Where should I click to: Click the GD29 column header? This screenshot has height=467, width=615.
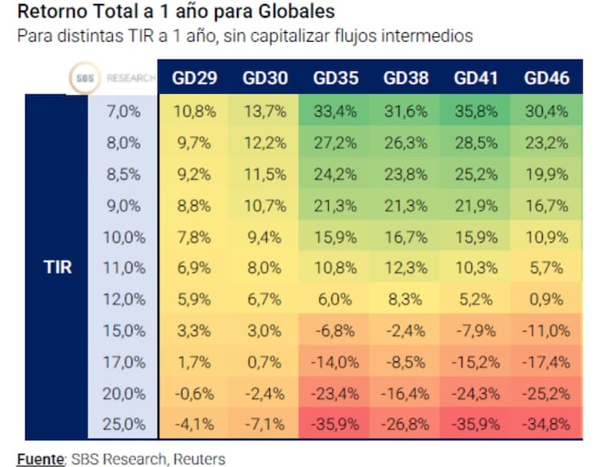pyautogui.click(x=195, y=78)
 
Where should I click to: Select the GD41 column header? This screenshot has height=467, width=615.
pyautogui.click(x=476, y=78)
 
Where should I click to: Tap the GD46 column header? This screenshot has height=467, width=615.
pyautogui.click(x=547, y=78)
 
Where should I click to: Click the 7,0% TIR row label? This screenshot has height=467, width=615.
pyautogui.click(x=124, y=111)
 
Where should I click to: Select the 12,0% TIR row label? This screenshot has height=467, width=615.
pyautogui.click(x=124, y=300)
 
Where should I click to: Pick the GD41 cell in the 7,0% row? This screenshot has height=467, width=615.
pyautogui.click(x=476, y=111)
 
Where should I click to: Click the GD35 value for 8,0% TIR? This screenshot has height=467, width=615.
pyautogui.click(x=336, y=142)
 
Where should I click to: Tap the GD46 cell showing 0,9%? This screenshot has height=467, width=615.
pyautogui.click(x=547, y=300)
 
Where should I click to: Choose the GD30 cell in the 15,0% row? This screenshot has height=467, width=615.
pyautogui.click(x=265, y=332)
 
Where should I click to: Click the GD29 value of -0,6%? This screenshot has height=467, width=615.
pyautogui.click(x=195, y=394)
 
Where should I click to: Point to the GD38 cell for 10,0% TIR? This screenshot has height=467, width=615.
pyautogui.click(x=406, y=237)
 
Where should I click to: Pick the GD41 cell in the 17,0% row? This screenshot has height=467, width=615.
pyautogui.click(x=476, y=362)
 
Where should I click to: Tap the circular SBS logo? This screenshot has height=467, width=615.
pyautogui.click(x=82, y=78)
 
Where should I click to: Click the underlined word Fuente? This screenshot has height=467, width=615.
pyautogui.click(x=41, y=459)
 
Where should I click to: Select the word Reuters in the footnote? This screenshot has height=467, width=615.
pyautogui.click(x=199, y=459)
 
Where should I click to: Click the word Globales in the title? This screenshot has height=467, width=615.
pyautogui.click(x=292, y=12)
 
